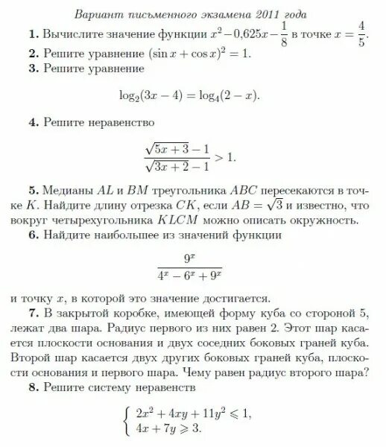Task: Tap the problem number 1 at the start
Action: coord(34,34)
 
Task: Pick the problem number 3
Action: coord(34,69)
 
